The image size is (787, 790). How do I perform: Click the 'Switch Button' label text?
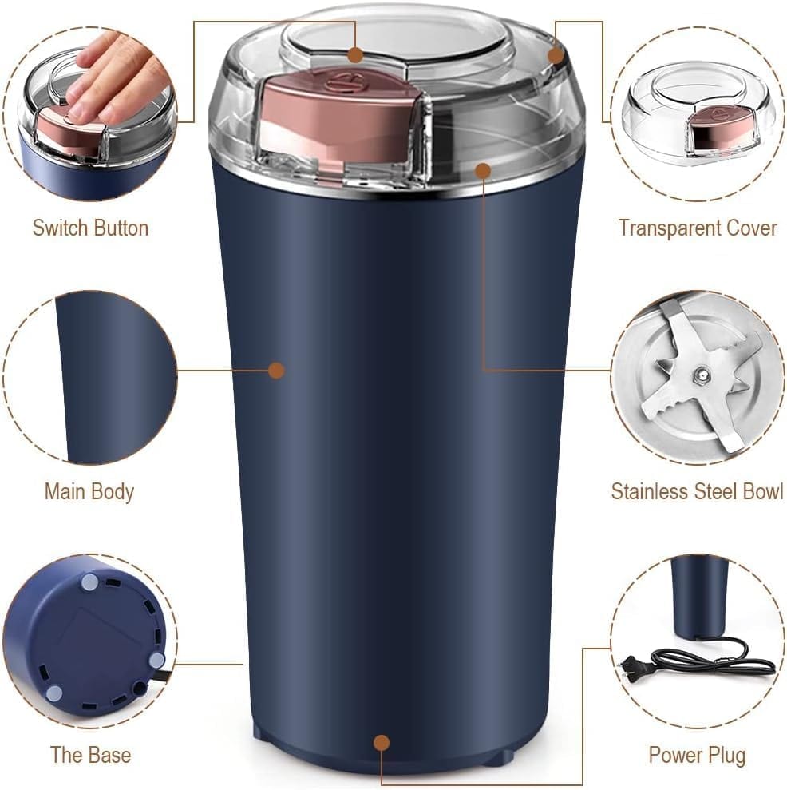tap(90, 228)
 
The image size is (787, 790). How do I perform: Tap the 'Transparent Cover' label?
tap(697, 228)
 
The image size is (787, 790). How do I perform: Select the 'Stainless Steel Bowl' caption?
tap(697, 491)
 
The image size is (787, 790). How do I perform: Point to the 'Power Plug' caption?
tap(697, 755)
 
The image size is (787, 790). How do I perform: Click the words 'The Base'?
tap(90, 755)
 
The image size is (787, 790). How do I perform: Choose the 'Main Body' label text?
tap(89, 491)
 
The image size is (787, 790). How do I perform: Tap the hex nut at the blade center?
tap(700, 373)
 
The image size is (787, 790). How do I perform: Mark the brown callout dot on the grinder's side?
tap(276, 370)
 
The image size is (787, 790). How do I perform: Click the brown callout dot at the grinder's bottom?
tap(382, 743)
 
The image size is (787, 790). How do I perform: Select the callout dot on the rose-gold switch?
tap(356, 55)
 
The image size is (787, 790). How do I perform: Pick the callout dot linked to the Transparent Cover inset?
tap(556, 55)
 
